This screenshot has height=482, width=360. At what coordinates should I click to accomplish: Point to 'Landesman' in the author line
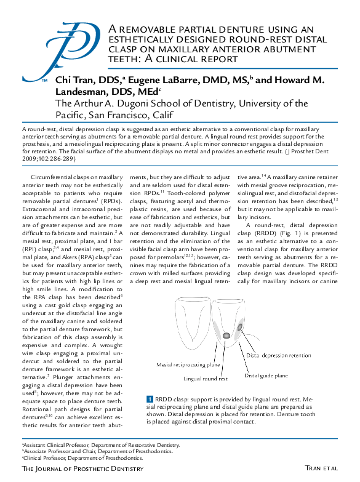point(81,92)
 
